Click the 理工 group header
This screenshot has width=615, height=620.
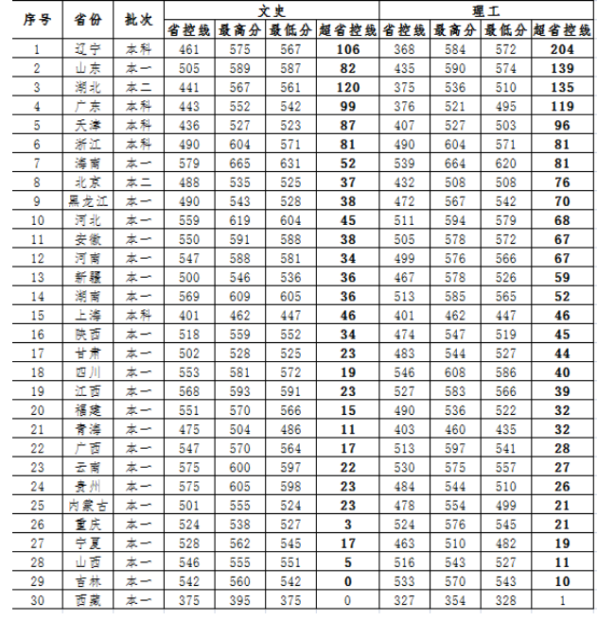(487, 9)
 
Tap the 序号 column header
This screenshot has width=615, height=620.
(37, 19)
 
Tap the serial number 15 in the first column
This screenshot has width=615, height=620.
(37, 316)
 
